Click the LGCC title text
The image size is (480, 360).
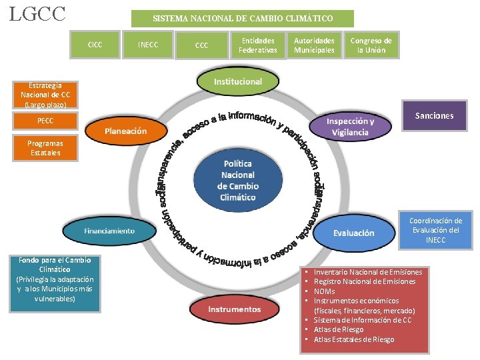click(37, 14)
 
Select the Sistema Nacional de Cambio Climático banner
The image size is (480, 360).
click(243, 19)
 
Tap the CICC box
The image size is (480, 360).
click(95, 45)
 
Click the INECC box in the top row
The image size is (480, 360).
click(147, 45)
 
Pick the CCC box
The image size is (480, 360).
click(201, 45)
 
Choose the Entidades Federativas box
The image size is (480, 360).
click(258, 45)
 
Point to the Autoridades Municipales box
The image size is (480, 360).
click(315, 45)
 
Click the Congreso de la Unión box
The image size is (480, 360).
click(371, 45)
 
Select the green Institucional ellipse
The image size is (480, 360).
click(238, 81)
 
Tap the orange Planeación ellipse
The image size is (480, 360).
click(125, 131)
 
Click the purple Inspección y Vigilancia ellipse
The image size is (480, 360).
click(350, 127)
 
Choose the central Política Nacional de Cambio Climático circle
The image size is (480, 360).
click(238, 180)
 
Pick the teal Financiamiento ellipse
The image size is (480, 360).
click(109, 231)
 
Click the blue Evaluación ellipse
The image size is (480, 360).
click(353, 233)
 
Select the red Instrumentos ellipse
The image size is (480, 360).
click(235, 309)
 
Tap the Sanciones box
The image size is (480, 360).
click(434, 116)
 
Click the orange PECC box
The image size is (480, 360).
click(45, 121)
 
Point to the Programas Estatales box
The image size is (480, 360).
click(45, 148)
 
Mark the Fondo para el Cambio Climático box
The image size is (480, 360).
click(55, 280)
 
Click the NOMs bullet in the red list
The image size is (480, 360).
click(325, 291)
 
